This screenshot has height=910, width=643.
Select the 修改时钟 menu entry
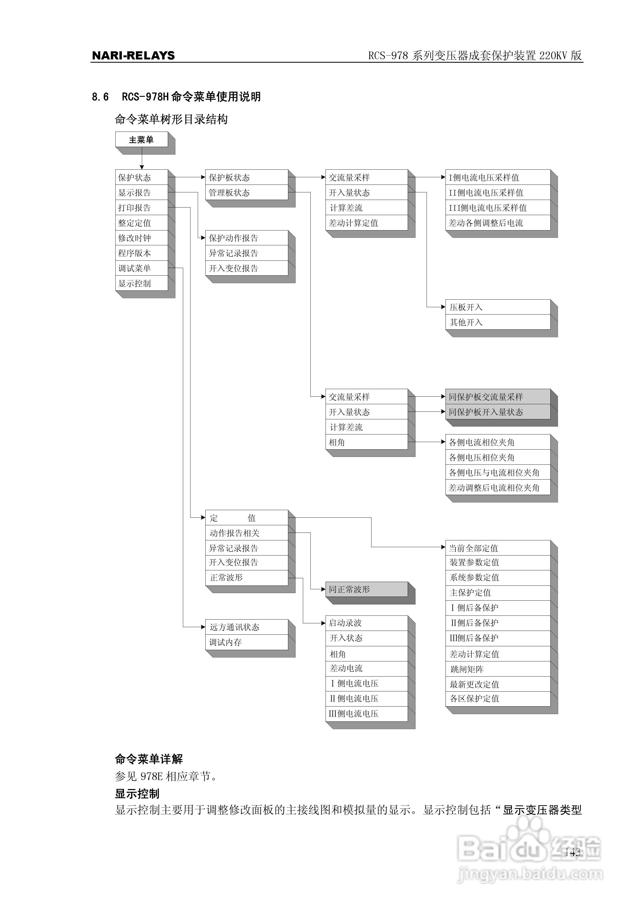point(142,238)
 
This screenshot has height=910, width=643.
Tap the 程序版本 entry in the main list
point(142,253)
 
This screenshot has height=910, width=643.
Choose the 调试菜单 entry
point(142,268)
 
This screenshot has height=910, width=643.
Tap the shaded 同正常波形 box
point(367,589)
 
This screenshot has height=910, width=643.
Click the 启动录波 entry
point(367,623)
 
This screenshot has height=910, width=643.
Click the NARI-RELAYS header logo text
point(133,55)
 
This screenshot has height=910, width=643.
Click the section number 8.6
point(100,97)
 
